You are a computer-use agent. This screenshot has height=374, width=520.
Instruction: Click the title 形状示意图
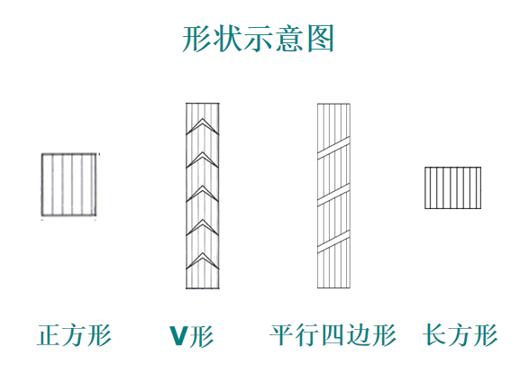258,39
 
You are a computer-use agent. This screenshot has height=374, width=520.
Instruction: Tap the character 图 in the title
320,39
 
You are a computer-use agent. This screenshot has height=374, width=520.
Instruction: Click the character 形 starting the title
196,39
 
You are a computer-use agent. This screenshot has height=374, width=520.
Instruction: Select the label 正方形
74,335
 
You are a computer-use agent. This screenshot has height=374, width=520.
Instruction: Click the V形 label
191,336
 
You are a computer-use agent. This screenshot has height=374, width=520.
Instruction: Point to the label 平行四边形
333,335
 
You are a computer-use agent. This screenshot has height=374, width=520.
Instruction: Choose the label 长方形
460,335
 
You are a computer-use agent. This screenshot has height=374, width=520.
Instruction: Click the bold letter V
179,336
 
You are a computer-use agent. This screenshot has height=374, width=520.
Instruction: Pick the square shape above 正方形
69,185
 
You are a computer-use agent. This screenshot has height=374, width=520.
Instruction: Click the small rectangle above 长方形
452,187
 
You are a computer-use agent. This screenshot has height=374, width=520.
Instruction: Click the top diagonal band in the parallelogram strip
333,148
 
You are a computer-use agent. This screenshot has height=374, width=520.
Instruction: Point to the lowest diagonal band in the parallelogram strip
333,242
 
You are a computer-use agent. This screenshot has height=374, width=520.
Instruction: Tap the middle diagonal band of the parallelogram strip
333,195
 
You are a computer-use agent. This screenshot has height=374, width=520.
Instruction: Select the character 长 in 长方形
434,335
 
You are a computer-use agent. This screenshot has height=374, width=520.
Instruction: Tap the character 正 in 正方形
49,335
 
